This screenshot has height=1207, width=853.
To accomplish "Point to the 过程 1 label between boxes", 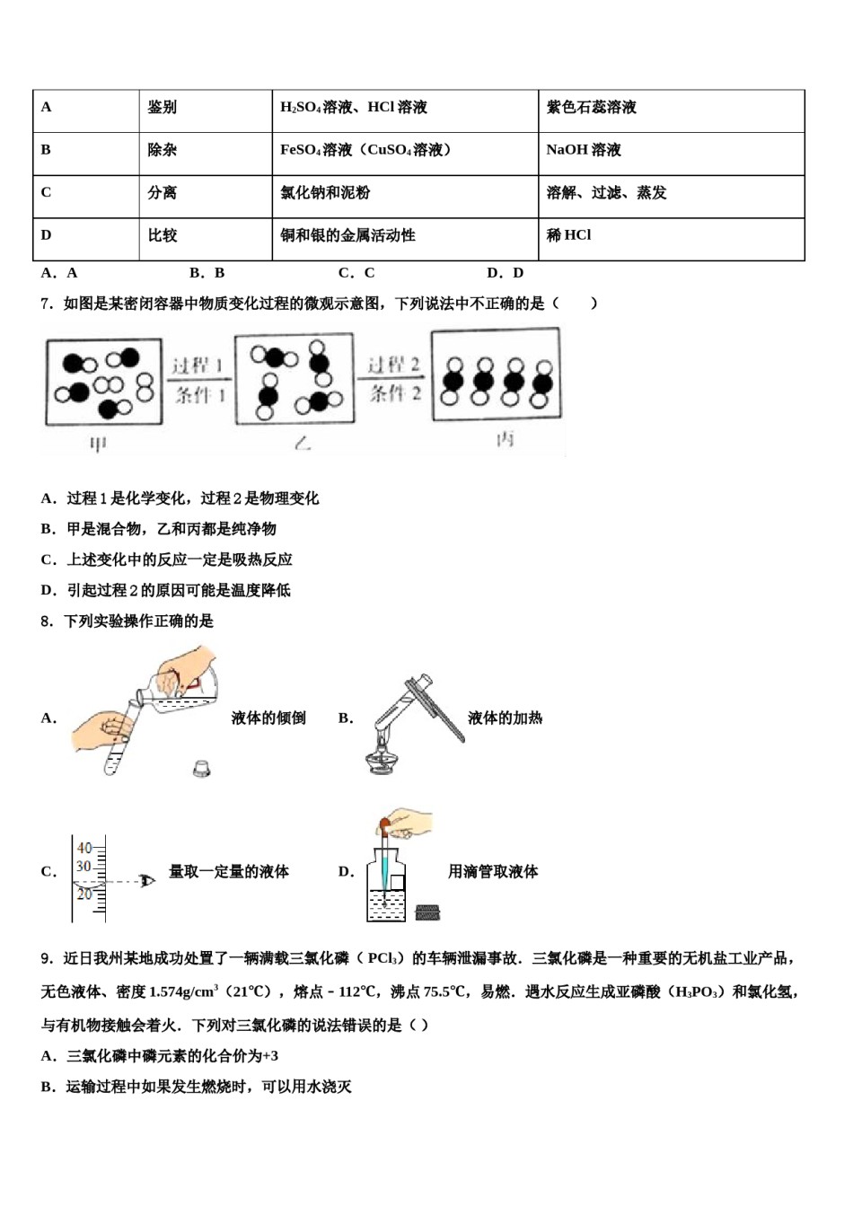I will point(197,366).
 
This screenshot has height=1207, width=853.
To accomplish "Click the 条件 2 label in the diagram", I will point(395,393).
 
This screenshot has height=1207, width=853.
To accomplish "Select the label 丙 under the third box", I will point(506,440).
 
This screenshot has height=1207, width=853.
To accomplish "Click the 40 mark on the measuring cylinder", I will point(84,848).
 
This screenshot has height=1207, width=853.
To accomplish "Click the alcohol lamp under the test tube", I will point(384,759).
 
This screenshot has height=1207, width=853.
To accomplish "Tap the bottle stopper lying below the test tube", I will point(202,768).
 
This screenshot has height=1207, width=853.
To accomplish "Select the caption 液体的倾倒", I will point(268,718).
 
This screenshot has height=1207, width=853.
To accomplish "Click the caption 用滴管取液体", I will point(493,871).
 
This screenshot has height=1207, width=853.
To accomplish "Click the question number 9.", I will point(47,958).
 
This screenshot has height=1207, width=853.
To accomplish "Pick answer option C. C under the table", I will point(356,273).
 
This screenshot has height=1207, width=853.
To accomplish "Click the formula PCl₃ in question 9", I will point(383,958).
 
